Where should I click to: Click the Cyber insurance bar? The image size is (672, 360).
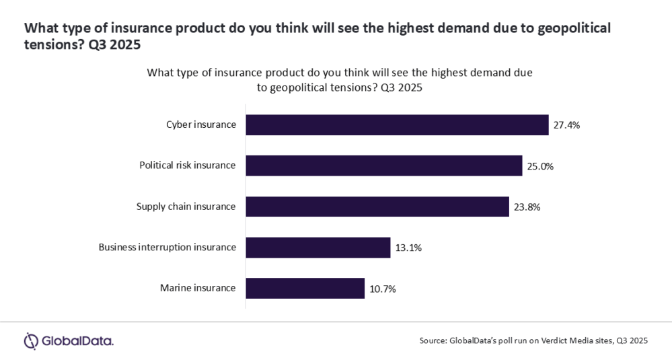pyautogui.click(x=397, y=125)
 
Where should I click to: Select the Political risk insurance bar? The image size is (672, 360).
pyautogui.click(x=384, y=166)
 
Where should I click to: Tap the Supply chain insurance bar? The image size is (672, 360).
pyautogui.click(x=377, y=207)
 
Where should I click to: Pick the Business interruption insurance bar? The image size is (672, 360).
pyautogui.click(x=318, y=248)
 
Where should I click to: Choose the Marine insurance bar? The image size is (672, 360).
pyautogui.click(x=305, y=288)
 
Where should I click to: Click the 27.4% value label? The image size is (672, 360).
pyautogui.click(x=567, y=125)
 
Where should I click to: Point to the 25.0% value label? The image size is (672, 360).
pyautogui.click(x=540, y=166)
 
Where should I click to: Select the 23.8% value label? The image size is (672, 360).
pyautogui.click(x=527, y=207)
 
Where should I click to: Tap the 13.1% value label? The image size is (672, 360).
pyautogui.click(x=408, y=248)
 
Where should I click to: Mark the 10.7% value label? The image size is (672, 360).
pyautogui.click(x=383, y=289)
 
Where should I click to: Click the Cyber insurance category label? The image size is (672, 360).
pyautogui.click(x=201, y=125)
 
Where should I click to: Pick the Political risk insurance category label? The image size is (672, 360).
pyautogui.click(x=187, y=166)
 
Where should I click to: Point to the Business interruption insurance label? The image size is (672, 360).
pyautogui.click(x=167, y=248)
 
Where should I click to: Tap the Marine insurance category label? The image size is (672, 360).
pyautogui.click(x=198, y=288)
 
